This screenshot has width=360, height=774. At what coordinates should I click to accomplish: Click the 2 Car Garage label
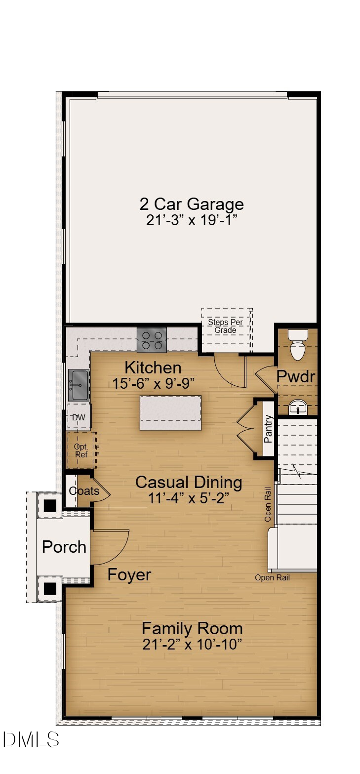click(192, 204)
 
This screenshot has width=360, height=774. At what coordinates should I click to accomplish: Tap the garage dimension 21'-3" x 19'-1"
click(192, 220)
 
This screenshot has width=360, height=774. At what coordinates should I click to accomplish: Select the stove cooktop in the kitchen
click(151, 340)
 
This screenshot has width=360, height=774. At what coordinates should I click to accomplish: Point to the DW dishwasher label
click(79, 417)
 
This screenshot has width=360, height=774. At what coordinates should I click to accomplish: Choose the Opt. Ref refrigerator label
click(81, 450)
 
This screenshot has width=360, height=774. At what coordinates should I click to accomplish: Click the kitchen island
click(170, 413)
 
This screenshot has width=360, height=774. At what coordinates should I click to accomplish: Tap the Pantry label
click(268, 429)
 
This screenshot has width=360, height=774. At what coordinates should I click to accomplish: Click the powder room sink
click(297, 408)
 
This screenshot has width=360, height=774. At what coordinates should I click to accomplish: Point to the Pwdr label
click(295, 376)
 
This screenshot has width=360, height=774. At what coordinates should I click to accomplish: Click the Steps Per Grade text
click(225, 326)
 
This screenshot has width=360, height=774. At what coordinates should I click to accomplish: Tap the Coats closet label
click(84, 491)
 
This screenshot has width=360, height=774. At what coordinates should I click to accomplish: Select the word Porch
click(64, 547)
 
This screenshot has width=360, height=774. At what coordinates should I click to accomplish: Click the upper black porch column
click(50, 506)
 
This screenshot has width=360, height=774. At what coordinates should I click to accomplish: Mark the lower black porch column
click(50, 588)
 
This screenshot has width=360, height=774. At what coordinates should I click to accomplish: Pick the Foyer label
click(129, 575)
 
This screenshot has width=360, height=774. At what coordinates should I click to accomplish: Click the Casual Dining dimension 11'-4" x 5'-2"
click(188, 498)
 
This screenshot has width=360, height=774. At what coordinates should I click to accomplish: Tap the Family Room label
click(192, 629)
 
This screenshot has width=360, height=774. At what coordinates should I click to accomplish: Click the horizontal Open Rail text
click(272, 577)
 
